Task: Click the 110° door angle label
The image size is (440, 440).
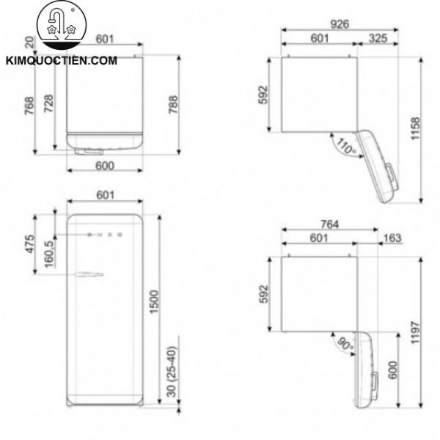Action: click(344, 146)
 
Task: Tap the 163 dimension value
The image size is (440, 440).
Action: click(392, 238)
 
